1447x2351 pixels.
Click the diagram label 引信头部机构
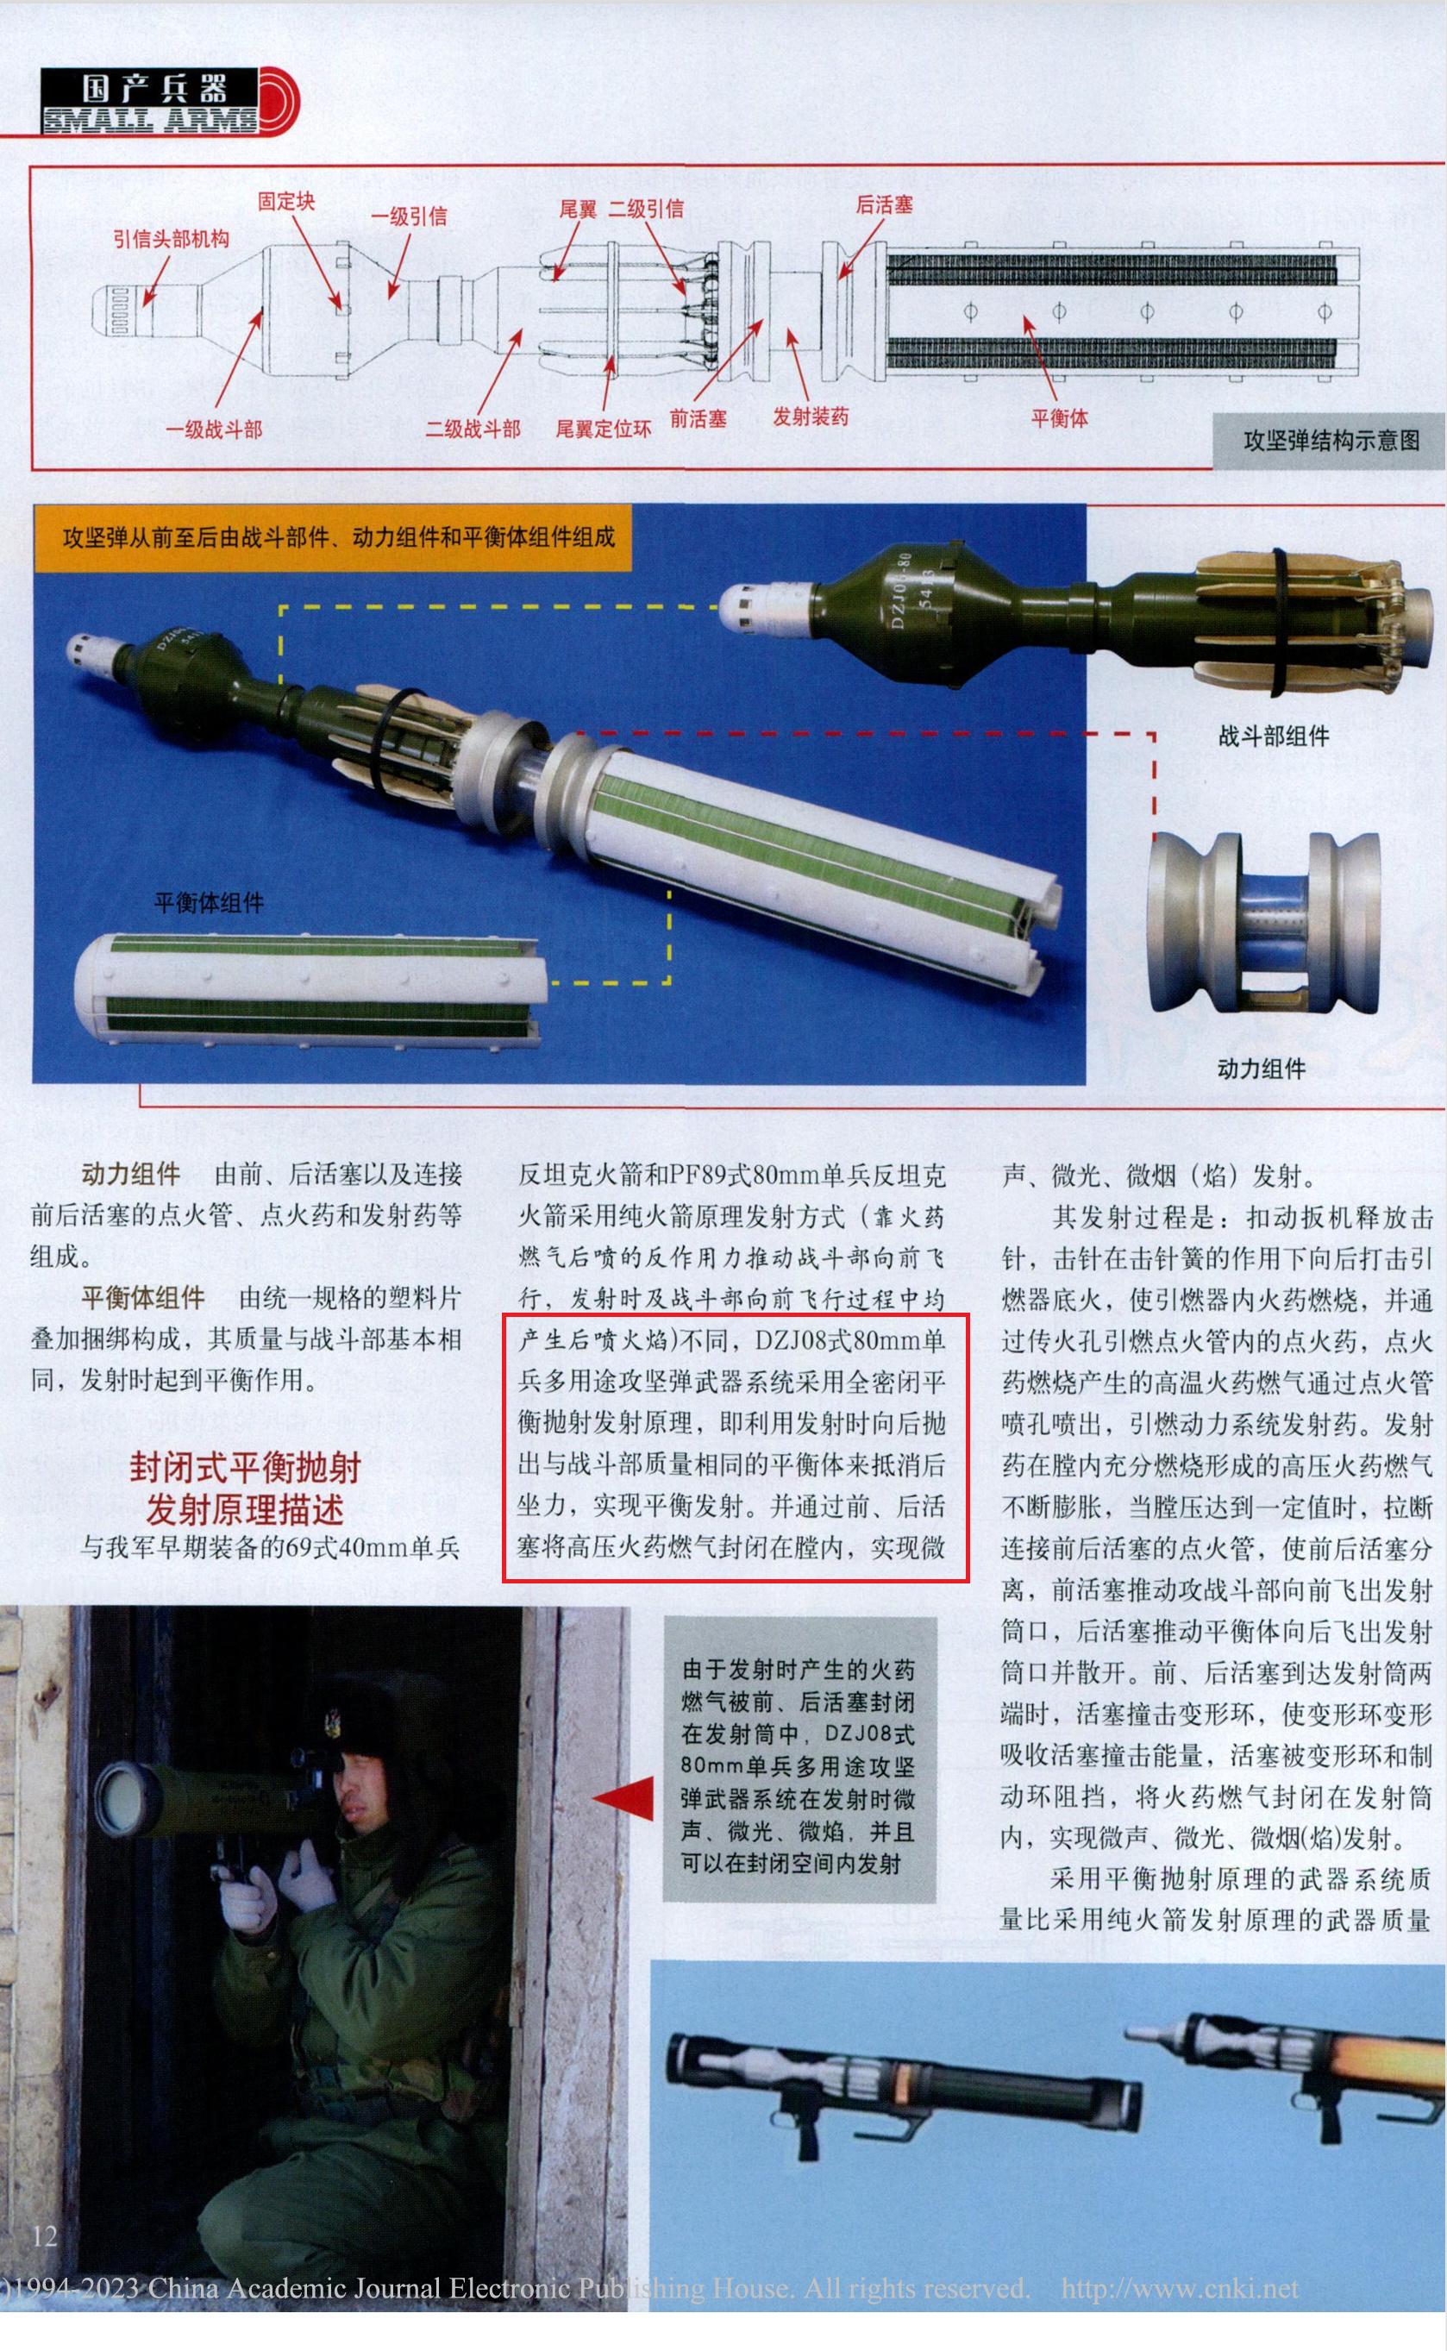(x=172, y=238)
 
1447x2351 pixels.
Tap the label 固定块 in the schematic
(x=285, y=201)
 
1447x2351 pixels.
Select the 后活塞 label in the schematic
(x=883, y=204)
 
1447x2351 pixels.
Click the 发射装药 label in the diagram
(x=810, y=417)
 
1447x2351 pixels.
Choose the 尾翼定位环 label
(x=603, y=428)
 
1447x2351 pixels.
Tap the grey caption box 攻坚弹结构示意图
(x=1331, y=440)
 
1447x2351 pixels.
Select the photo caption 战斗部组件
(x=1273, y=736)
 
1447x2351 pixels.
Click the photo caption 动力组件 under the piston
(x=1261, y=1069)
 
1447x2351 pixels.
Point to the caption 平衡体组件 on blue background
(x=209, y=902)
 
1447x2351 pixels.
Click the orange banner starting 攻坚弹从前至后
(x=333, y=536)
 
